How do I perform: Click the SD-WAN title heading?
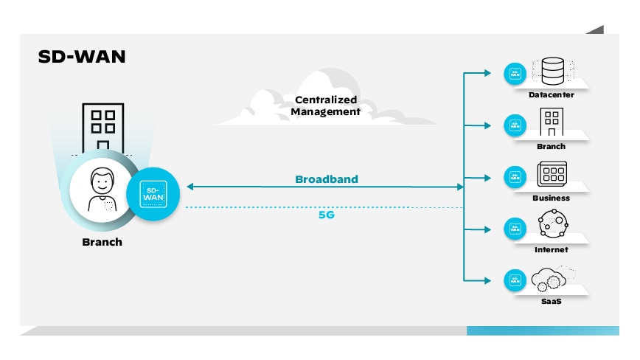tap(81, 57)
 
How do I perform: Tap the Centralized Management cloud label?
tap(325, 105)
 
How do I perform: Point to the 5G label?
tap(327, 215)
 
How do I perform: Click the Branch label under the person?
tap(102, 242)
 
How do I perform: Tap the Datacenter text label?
tap(551, 94)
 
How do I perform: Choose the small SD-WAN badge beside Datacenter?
tap(515, 73)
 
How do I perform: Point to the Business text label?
tap(551, 198)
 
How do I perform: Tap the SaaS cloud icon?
tap(551, 279)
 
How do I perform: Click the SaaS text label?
tap(551, 302)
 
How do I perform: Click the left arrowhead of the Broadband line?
tap(189, 187)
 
